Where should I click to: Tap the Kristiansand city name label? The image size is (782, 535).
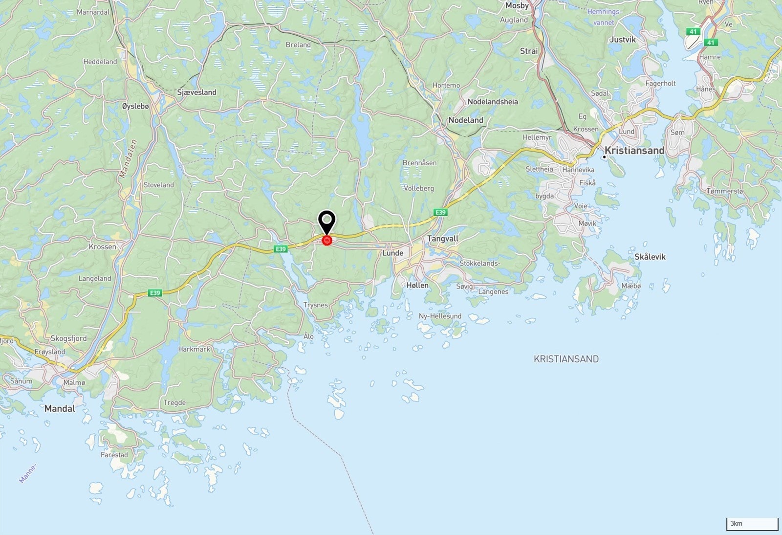(x=634, y=151)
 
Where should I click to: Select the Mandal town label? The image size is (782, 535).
(x=60, y=408)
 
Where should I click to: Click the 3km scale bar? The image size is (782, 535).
(x=752, y=524)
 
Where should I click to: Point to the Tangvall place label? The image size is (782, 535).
(x=443, y=239)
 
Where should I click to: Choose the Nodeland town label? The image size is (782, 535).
(x=465, y=120)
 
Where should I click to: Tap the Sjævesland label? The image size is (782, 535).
(x=196, y=92)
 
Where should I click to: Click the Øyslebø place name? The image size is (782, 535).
(x=135, y=106)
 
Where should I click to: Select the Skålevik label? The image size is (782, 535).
(x=650, y=257)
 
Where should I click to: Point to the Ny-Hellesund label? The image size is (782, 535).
(x=440, y=316)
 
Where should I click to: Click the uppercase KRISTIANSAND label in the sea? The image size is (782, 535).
(x=566, y=359)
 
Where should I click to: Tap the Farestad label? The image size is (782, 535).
(x=114, y=455)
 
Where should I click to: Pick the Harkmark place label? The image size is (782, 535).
(x=194, y=349)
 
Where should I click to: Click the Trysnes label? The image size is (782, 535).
(x=315, y=305)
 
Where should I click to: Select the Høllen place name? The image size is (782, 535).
(x=417, y=285)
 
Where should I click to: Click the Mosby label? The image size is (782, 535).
(x=517, y=5)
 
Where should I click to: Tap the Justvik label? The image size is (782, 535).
(x=622, y=40)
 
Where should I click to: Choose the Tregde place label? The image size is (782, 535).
(x=174, y=402)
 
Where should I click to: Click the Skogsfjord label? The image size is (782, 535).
(x=68, y=338)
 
